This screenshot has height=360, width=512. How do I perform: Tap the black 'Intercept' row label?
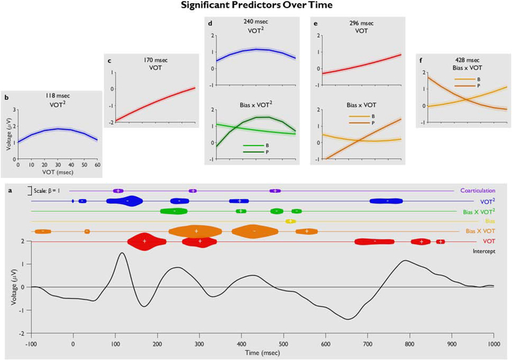pyautogui.click(x=482, y=252)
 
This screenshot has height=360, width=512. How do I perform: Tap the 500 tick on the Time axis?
pyautogui.click(x=326, y=344)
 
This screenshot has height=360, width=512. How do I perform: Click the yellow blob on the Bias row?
pyautogui.click(x=290, y=221)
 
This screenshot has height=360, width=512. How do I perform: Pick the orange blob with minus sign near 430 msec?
pyautogui.click(x=254, y=231)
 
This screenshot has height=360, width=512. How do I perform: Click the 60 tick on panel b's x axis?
pyautogui.click(x=97, y=165)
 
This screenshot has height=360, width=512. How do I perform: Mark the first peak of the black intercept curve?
pyautogui.click(x=122, y=252)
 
